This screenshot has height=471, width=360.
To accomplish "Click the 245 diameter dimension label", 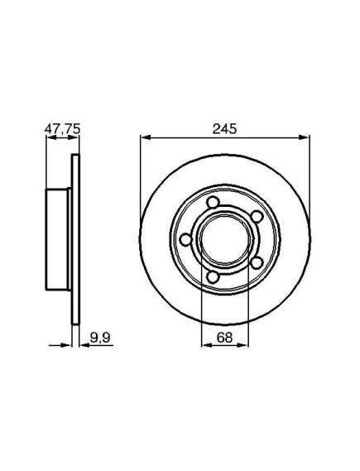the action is click(224, 129).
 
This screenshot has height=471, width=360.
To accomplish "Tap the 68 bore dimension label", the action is click(224, 338).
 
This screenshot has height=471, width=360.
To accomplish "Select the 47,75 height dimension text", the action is click(62, 129).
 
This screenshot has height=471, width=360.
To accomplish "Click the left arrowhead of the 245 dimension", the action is click(146, 137).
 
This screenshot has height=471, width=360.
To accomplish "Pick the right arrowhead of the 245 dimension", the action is click(305, 137).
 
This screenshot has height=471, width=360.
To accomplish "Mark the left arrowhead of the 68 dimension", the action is click(206, 345).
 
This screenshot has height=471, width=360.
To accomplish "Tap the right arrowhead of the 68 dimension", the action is click(243, 345).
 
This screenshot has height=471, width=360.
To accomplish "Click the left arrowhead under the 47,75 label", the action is click(51, 137).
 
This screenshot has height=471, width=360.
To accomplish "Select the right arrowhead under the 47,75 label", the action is click(73, 137).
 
